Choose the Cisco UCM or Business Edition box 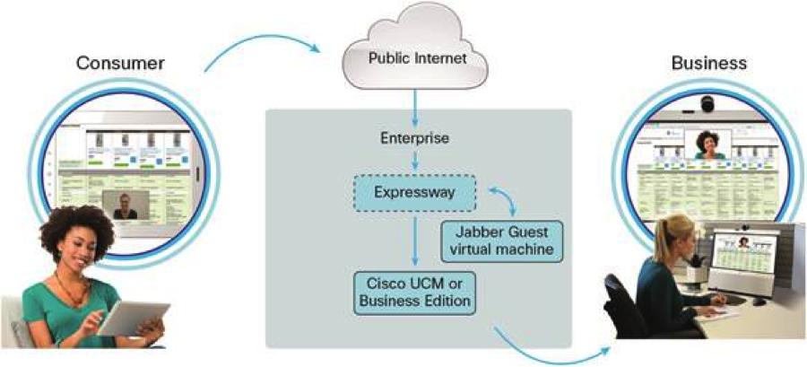(x=414, y=293)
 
